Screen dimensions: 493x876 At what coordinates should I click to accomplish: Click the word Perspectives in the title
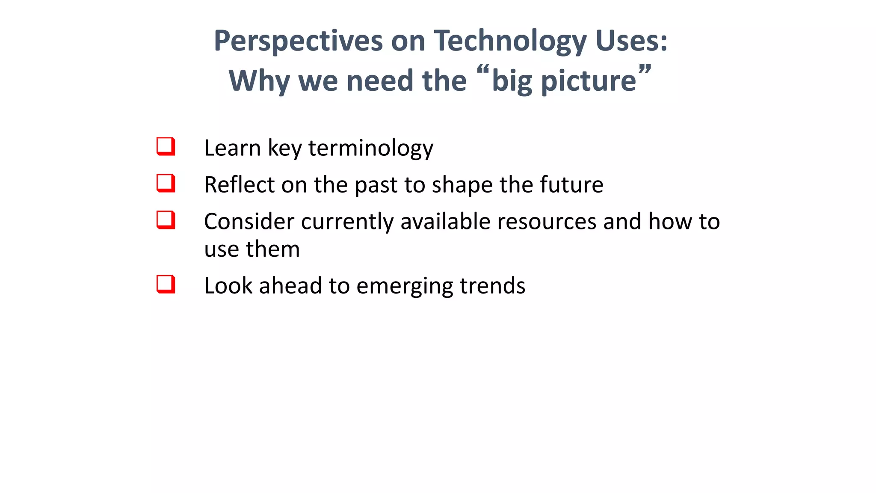298,42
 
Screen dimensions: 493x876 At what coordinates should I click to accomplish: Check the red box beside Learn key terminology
166,146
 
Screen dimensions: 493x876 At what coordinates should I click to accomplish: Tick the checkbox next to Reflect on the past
166,183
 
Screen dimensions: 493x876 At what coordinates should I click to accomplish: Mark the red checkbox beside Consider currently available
166,220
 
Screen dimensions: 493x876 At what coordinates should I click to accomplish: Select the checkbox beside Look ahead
166,284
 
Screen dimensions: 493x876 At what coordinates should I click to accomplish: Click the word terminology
370,148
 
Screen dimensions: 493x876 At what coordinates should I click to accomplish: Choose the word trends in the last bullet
492,286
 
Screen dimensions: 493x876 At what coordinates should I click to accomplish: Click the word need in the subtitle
380,81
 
